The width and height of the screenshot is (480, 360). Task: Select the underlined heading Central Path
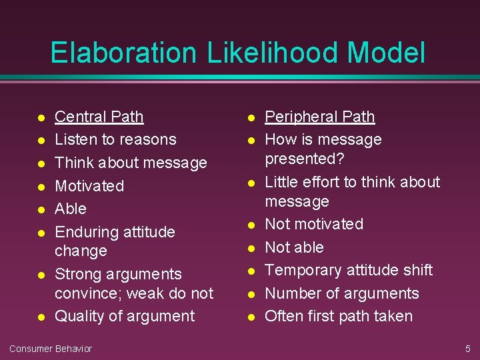99,117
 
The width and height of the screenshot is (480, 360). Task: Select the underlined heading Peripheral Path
319,117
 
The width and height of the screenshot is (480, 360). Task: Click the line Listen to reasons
115,139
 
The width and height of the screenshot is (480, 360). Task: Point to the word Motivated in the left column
89,185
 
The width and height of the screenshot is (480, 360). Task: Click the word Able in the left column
71,209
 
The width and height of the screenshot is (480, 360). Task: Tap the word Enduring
84,232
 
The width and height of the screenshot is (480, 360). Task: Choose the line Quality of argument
125,316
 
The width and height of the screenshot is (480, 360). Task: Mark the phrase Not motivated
314,224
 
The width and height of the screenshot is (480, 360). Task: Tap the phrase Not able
294,247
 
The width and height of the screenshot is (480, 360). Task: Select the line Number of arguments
342,293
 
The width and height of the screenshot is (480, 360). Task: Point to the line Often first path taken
339,316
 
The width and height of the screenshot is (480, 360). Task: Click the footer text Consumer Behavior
51,349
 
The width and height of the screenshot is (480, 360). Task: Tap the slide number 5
467,349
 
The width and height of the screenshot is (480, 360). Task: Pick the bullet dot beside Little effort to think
251,183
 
